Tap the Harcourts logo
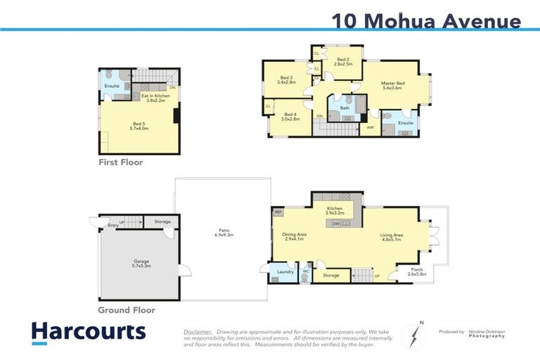pos(88,331)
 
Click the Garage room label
pos(141,264)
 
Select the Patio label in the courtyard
pos(224,232)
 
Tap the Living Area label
pos(392,236)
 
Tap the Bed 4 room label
pos(290,116)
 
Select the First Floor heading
pos(120,162)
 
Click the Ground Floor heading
pos(127,309)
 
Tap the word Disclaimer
pos(198,331)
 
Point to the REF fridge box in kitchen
pos(278,211)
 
